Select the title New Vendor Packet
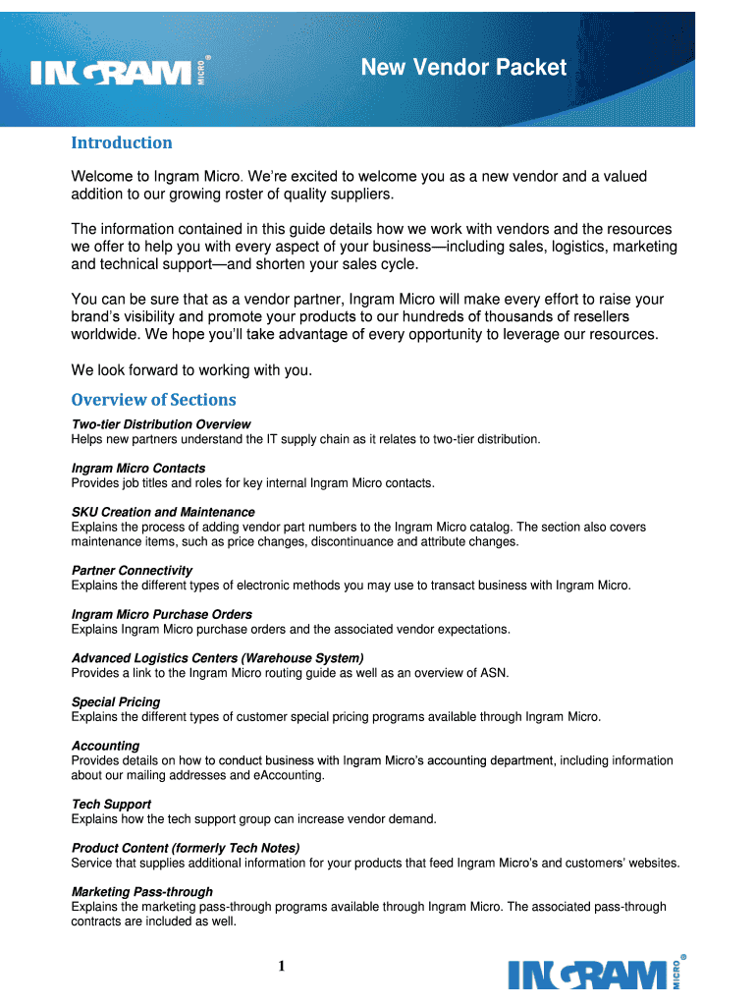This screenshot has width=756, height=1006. [x=463, y=67]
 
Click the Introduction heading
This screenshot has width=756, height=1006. [x=122, y=143]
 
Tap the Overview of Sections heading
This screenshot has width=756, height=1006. [x=154, y=400]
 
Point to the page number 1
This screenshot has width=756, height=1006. [x=281, y=966]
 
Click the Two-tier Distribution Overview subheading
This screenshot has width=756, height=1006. [x=161, y=424]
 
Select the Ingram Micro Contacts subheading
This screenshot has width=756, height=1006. [x=138, y=469]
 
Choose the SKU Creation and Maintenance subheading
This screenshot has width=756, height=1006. [x=163, y=512]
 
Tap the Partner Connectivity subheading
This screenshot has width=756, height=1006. [x=132, y=571]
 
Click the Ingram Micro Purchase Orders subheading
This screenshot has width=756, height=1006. [x=162, y=615]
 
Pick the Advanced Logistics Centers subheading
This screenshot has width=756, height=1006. [x=218, y=658]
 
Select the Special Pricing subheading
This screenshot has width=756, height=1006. [x=116, y=702]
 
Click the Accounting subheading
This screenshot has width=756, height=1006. [x=106, y=746]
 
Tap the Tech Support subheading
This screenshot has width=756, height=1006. [x=111, y=805]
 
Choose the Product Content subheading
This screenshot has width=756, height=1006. [x=186, y=848]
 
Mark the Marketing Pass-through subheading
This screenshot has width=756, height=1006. [x=142, y=892]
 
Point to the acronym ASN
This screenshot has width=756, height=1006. [x=493, y=673]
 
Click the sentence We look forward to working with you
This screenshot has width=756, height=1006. [x=191, y=370]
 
